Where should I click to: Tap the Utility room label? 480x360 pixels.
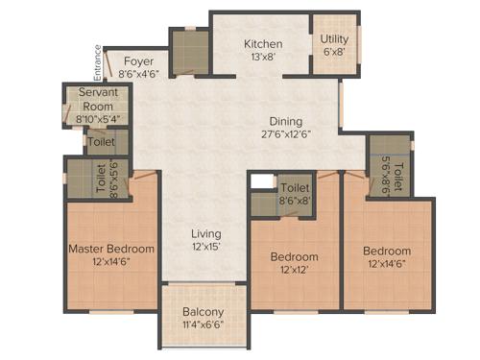click(335, 39)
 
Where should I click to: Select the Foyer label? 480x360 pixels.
click(138, 60)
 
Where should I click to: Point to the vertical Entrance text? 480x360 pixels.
click(98, 62)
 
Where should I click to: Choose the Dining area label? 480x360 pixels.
click(285, 121)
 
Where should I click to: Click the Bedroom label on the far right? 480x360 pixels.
click(386, 252)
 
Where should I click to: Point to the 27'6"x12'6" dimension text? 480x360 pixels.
click(285, 134)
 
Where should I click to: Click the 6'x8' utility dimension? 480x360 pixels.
click(335, 53)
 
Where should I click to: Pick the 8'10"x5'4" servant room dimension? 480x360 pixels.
click(98, 119)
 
